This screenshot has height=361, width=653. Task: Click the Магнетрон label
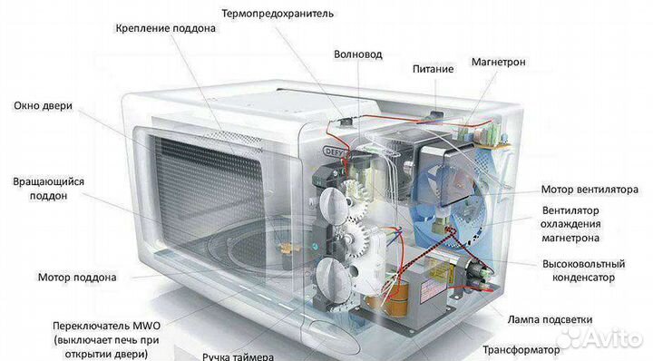click(498, 63)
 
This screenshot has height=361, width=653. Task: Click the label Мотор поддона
click(76, 277)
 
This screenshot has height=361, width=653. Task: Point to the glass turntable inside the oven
click(209, 272)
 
